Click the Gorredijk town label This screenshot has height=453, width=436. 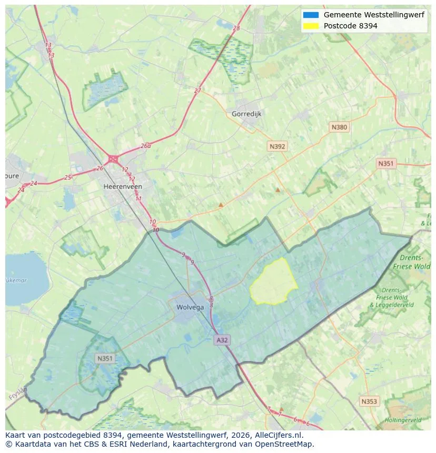(246, 114)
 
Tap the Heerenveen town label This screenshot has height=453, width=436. (122, 186)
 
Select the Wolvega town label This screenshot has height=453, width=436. (190, 307)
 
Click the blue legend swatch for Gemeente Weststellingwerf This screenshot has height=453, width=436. (311, 15)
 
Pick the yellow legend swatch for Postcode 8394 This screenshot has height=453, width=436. (311, 26)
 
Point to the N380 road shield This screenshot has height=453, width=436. (339, 127)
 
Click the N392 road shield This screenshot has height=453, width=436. (278, 146)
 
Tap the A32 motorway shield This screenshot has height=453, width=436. (222, 340)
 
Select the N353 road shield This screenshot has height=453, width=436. (369, 401)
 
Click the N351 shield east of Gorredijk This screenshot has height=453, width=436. (385, 164)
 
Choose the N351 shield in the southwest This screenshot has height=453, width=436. (105, 358)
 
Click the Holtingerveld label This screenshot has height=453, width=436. (403, 420)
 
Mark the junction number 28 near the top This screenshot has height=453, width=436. (236, 28)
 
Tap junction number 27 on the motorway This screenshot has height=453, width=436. (197, 90)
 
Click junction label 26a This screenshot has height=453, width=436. (145, 146)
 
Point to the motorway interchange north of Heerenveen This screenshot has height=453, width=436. (113, 158)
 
